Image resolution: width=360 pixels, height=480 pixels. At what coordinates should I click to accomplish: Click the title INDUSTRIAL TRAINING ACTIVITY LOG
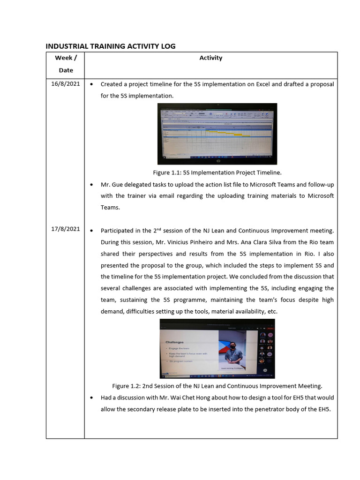[110, 46]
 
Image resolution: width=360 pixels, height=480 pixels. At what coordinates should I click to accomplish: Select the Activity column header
[210, 58]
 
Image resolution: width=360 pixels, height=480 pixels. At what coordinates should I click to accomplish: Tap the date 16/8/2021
[66, 84]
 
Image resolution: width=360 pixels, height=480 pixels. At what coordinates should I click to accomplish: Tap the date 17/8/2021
[66, 229]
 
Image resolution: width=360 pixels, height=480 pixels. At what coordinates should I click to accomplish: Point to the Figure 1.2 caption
[217, 386]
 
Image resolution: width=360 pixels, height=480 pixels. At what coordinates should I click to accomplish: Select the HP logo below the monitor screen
[217, 160]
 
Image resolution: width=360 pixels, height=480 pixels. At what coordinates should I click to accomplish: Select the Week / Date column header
[66, 64]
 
